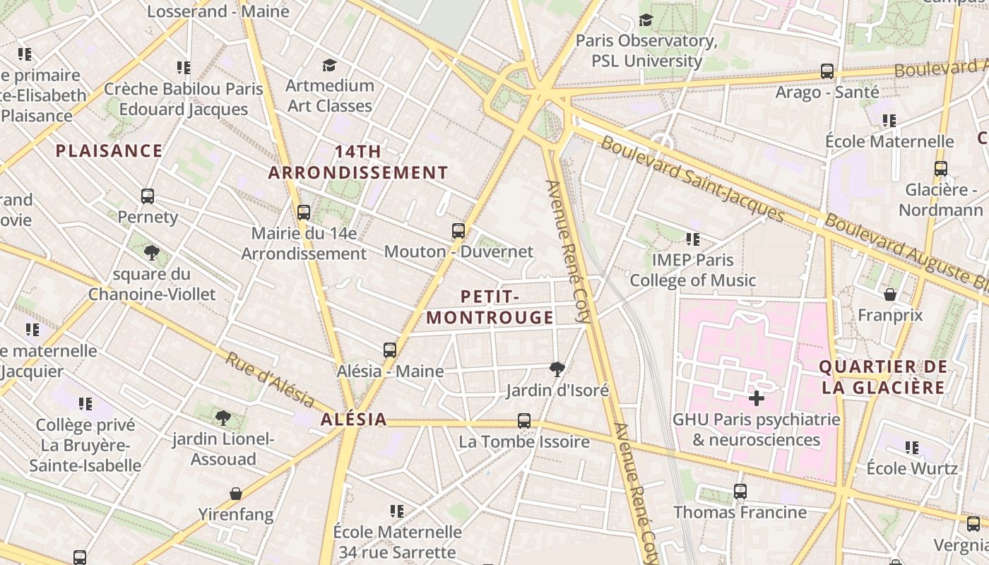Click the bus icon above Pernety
(x=148, y=196)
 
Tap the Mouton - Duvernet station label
(x=458, y=251)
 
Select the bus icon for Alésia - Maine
(x=390, y=350)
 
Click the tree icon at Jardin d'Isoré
(x=557, y=369)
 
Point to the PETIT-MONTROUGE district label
(x=490, y=307)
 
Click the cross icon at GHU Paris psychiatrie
(x=757, y=398)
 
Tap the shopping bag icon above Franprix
(x=890, y=294)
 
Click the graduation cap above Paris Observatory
(x=646, y=20)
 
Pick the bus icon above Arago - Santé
(x=827, y=71)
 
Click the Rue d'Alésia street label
(x=270, y=381)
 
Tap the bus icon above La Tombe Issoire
(x=524, y=421)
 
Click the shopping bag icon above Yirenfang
(x=236, y=494)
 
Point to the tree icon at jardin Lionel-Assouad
(x=223, y=418)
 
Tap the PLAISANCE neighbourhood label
(x=109, y=151)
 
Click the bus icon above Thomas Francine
(x=740, y=491)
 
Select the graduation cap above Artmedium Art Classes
(x=329, y=66)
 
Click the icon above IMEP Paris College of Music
(x=693, y=239)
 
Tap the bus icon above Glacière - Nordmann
(x=941, y=169)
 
